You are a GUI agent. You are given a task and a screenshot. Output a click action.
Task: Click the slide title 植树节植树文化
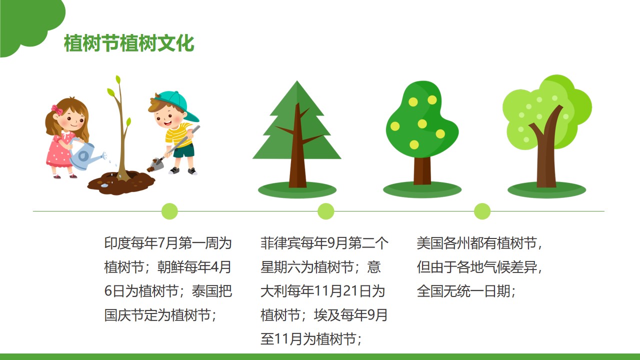129,43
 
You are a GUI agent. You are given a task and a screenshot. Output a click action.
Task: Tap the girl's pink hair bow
57,109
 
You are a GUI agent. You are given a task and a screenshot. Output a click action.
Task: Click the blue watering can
85,154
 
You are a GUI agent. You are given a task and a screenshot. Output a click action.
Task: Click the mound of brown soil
121,182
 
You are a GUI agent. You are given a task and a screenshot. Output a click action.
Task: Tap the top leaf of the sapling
117,79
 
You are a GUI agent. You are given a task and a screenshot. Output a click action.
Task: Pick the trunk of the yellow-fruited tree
422,170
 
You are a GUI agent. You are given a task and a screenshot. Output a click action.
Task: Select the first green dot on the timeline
169,211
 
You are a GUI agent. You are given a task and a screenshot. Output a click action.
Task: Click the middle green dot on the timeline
326,211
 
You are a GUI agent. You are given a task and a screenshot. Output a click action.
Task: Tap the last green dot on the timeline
482,211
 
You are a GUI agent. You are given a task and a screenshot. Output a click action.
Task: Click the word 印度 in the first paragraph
117,243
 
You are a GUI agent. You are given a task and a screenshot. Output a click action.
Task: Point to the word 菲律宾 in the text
280,243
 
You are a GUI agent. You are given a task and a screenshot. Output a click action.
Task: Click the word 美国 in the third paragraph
430,243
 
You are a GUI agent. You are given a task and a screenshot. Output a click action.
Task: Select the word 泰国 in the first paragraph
205,291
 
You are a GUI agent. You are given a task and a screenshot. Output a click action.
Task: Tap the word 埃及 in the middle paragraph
327,315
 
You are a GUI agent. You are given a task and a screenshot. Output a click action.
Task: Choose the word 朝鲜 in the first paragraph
170,267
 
